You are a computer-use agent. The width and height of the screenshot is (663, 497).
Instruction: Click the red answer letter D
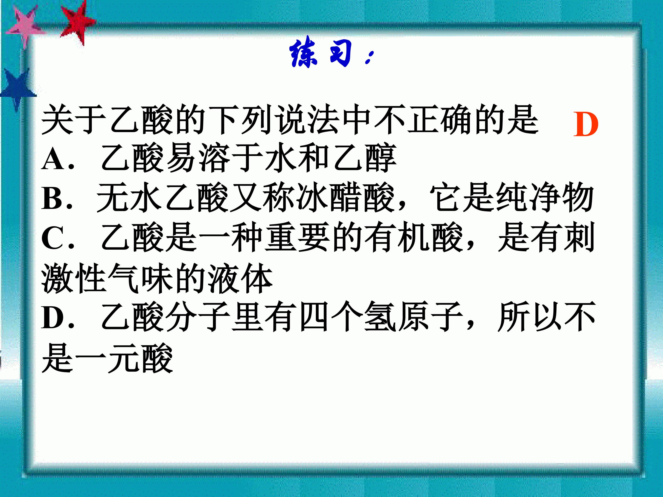tap(586, 124)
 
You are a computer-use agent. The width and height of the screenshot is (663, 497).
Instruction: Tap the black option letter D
tap(52, 318)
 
